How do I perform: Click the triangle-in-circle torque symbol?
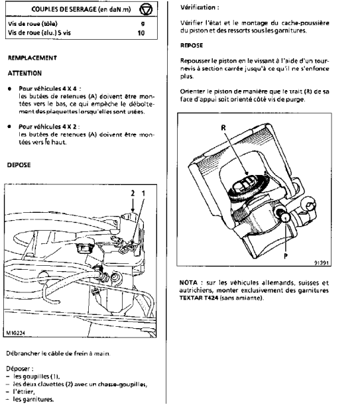click(146, 10)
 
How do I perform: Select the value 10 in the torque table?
click(141, 32)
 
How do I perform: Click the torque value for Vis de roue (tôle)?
click(143, 24)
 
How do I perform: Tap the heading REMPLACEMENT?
click(32, 58)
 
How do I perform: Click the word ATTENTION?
click(25, 73)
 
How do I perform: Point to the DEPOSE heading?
click(19, 165)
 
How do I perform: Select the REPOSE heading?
click(192, 45)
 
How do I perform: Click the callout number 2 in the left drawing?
click(133, 194)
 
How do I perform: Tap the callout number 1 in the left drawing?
click(143, 194)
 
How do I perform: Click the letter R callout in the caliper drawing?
click(223, 128)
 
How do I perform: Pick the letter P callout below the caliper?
click(286, 256)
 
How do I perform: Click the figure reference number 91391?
click(321, 263)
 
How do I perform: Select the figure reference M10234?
click(16, 333)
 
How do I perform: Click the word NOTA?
click(188, 282)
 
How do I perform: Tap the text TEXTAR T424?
click(199, 298)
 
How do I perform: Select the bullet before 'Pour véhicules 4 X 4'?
click(10, 89)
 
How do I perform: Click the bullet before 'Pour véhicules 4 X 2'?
click(10, 127)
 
